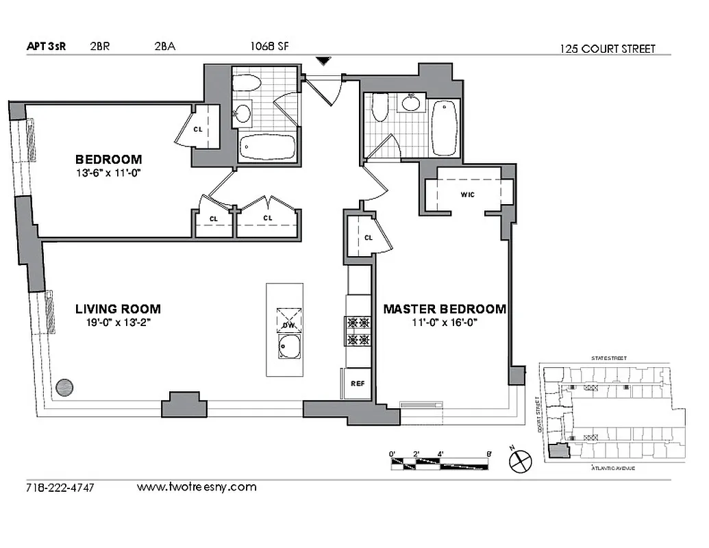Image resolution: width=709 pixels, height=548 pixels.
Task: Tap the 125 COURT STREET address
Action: click(608, 49)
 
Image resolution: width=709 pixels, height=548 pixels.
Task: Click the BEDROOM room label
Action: click(108, 160)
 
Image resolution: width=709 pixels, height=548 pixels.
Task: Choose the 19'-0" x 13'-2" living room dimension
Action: click(113, 322)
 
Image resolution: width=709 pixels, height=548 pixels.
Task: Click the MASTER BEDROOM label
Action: click(444, 309)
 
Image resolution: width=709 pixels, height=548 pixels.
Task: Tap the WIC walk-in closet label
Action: click(468, 195)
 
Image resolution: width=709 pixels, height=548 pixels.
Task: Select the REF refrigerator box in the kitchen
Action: click(357, 384)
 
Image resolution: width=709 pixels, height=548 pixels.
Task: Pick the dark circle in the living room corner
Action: click(64, 387)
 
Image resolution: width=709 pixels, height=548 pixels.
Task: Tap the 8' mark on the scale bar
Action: click(488, 453)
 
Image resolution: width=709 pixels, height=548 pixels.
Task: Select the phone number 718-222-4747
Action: click(60, 488)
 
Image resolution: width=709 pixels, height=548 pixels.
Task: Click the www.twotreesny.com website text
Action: click(197, 488)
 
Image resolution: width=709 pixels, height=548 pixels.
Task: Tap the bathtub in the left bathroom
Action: click(268, 147)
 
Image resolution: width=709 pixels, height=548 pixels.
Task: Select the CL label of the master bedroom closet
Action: click(367, 238)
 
